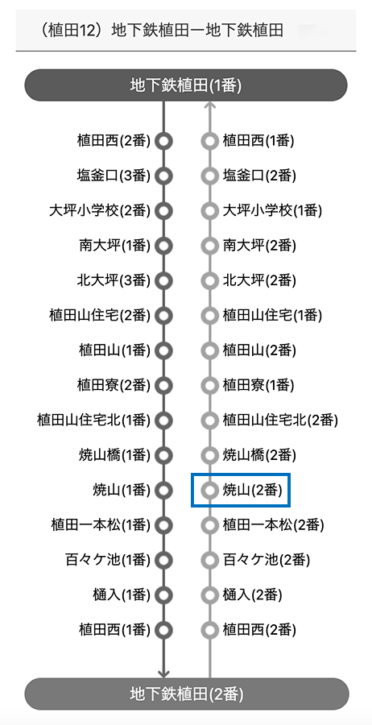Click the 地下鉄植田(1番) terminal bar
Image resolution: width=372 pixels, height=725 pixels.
pos(186,85)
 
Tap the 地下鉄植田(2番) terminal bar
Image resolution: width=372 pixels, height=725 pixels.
pos(186,694)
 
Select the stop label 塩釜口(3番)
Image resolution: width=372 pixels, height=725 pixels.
pos(114,176)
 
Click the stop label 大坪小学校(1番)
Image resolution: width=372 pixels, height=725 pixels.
pos(272,211)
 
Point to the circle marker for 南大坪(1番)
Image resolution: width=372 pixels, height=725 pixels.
pos(163,246)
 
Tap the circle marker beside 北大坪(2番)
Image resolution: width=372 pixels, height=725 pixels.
pos(210,280)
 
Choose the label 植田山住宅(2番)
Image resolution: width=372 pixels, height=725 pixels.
pos(100,316)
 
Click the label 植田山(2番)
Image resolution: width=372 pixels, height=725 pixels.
pos(258,350)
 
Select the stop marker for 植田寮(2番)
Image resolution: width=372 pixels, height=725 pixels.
pos(163,385)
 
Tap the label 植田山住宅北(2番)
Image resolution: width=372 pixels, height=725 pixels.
pos(280,420)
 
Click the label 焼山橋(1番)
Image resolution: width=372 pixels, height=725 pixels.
pos(114,455)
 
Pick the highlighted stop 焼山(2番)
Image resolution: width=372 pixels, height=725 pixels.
pos(240,490)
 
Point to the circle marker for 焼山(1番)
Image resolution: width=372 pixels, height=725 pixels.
pos(163,490)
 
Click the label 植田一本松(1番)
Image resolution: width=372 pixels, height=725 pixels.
pos(101,525)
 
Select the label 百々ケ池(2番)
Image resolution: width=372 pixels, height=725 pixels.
pos(267,561)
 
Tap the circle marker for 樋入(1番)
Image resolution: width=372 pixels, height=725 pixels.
pos(163,594)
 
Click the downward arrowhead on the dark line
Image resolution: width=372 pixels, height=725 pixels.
pos(163,674)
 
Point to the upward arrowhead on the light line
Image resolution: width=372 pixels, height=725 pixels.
pos(210,106)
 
